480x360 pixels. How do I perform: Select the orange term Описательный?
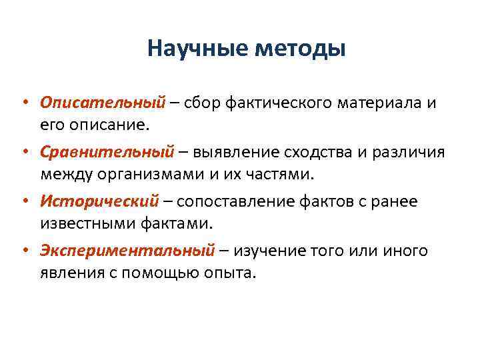tap(102, 103)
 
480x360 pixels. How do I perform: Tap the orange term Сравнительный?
tap(107, 152)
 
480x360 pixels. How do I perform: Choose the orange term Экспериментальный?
tap(127, 251)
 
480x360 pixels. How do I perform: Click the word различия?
tap(409, 153)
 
